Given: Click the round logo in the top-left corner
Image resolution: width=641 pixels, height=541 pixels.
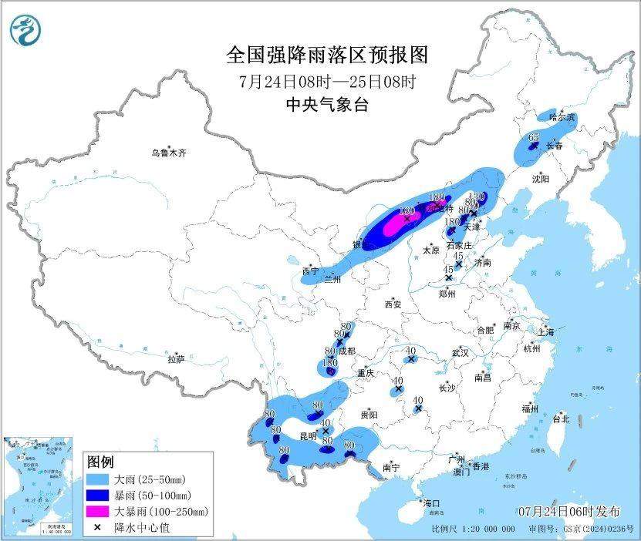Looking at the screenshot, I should coord(26,29).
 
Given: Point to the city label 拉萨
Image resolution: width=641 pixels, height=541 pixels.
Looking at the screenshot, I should coord(177,359).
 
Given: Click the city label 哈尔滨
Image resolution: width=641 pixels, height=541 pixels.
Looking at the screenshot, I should coord(562,117).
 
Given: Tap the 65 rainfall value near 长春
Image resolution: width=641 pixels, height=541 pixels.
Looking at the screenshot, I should coord(534,137).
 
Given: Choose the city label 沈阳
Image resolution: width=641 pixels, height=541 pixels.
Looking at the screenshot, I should coord(540,179).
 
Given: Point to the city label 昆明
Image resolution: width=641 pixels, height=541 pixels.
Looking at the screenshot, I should coord(308,436).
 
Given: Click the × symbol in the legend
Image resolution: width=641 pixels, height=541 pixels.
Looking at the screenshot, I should coord(98,526).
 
